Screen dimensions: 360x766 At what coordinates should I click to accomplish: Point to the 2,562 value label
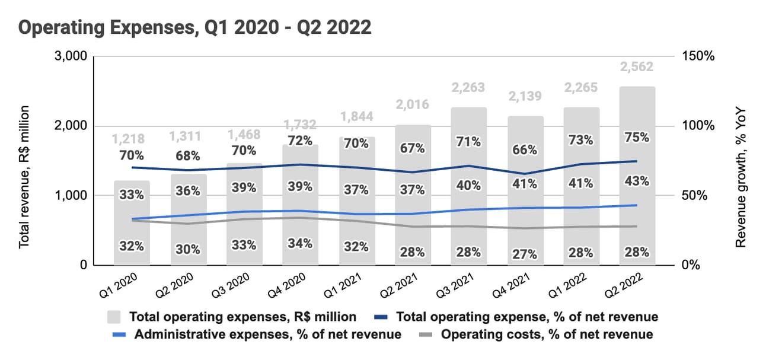(x=636, y=67)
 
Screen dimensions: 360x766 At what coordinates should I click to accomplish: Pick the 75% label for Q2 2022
(x=636, y=137)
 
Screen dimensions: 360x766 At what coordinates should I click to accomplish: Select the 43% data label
(x=636, y=180)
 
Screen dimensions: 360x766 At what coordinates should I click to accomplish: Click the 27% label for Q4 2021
(x=525, y=254)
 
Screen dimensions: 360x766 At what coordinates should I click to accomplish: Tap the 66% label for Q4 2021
(x=525, y=151)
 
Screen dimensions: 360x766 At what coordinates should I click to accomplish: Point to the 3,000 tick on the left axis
(x=72, y=56)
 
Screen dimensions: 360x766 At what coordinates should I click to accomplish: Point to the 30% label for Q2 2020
(x=187, y=250)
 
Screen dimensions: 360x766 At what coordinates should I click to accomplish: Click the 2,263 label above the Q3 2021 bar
(x=468, y=88)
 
